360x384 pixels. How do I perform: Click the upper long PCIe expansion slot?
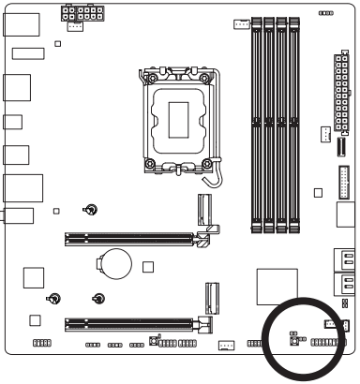click(x=132, y=238)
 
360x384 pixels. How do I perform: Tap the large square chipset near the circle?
click(x=274, y=288)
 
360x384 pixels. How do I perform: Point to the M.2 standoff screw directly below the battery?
click(x=98, y=300)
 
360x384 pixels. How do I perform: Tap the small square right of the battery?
click(x=147, y=266)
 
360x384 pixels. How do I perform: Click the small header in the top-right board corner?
click(x=324, y=14)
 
